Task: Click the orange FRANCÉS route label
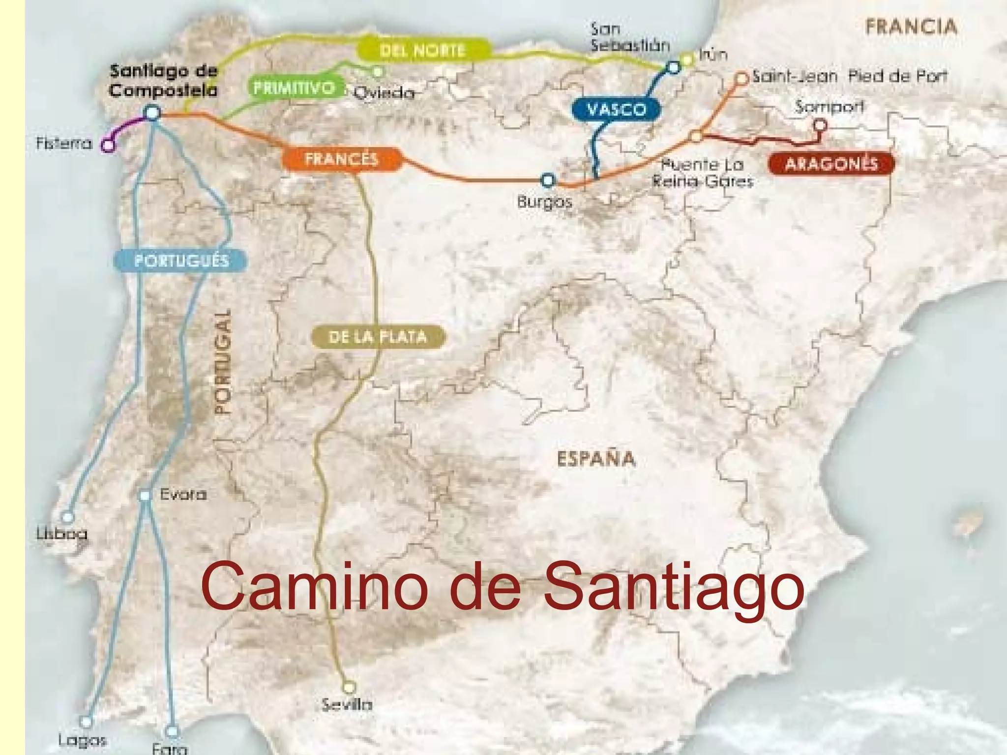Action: click(341, 159)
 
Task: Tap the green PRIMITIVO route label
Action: click(294, 88)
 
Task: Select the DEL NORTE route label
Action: click(423, 50)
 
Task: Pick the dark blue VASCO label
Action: click(617, 109)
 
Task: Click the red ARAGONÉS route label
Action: click(831, 164)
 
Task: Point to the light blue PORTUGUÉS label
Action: click(181, 261)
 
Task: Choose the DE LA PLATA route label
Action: click(378, 337)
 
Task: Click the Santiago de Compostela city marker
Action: click(153, 113)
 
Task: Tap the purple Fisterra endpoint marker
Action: click(108, 145)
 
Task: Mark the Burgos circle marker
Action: click(548, 180)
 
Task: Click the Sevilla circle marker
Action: click(349, 687)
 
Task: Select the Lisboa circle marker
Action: click(67, 517)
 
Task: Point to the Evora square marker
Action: click(145, 495)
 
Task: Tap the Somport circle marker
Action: click(820, 125)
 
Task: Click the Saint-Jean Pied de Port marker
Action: click(741, 78)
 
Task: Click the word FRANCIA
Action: click(911, 27)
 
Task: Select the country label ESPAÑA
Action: click(596, 459)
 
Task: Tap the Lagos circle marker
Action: click(86, 722)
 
